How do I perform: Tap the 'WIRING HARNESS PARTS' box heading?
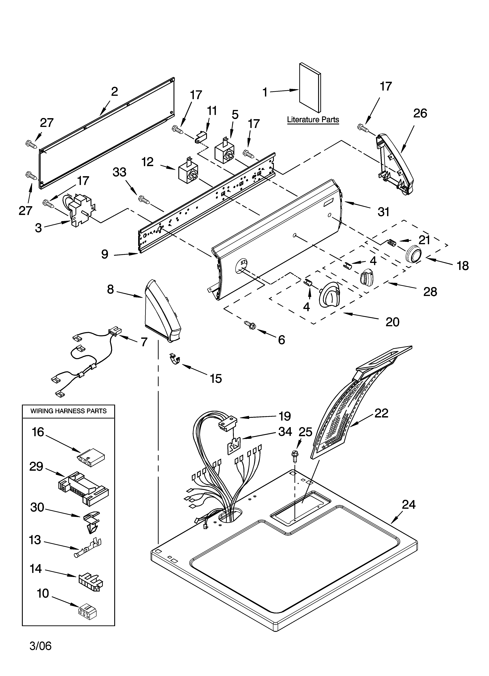pyautogui.click(x=69, y=411)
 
